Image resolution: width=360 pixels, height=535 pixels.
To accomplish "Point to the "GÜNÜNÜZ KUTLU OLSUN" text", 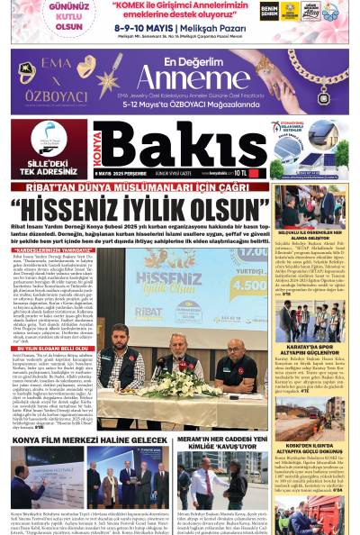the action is (43, 21).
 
